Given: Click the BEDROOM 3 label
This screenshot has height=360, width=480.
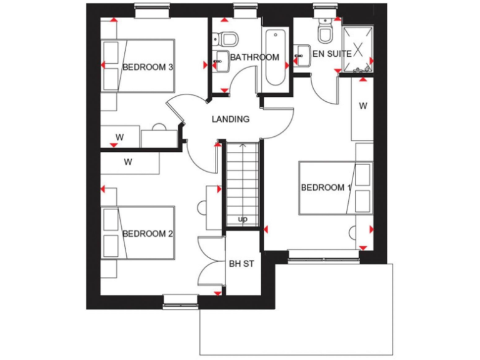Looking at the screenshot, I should click(147, 67).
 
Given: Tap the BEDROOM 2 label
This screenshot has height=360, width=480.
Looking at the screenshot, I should click(147, 234).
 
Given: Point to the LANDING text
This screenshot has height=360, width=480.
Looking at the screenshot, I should click(231, 119).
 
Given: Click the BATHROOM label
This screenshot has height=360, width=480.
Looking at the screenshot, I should click(254, 57).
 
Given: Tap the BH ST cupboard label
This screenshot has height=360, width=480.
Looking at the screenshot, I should click(241, 264).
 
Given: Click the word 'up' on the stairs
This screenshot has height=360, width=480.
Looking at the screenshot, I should click(242, 219).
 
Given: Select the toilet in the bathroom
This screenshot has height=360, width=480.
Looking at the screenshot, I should click(228, 38).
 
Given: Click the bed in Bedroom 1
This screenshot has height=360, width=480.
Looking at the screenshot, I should click(335, 188).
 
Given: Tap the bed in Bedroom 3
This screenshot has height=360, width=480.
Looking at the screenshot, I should click(137, 67).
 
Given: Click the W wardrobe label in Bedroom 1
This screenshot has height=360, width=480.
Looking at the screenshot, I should click(362, 106).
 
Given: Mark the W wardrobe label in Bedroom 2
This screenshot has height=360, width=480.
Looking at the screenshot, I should click(128, 162).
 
